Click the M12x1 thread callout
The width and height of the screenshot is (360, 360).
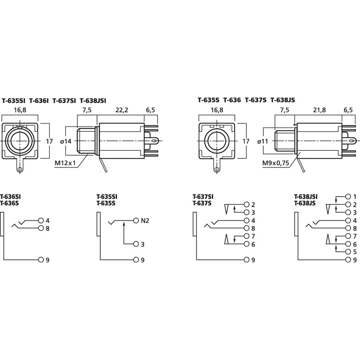[65, 163]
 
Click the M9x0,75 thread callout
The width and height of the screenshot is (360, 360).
[275, 163]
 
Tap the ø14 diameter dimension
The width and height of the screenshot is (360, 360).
[66, 141]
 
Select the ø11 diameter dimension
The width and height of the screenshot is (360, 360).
[263, 141]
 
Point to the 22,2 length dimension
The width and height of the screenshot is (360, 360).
[122, 110]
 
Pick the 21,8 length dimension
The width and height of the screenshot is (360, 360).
[319, 110]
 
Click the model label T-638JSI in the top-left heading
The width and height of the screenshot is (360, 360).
[93, 101]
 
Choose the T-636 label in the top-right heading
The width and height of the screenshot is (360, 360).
[232, 100]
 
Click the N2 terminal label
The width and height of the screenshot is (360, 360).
[145, 221]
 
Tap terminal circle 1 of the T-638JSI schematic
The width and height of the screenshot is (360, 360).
[348, 197]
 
